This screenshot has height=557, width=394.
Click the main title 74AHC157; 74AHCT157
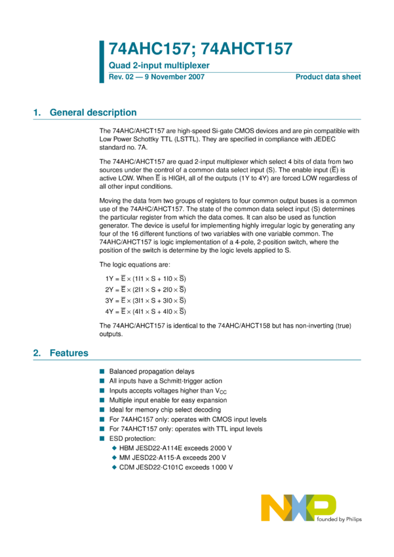(200, 49)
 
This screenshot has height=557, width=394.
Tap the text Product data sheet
(328, 77)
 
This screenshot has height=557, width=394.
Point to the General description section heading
(93, 113)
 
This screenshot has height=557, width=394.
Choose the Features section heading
(69, 353)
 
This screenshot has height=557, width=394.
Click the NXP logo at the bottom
(298, 509)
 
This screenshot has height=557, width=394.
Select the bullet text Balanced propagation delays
(151, 372)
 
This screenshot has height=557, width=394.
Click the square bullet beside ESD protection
(102, 438)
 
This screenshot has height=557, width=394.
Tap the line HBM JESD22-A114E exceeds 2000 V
(176, 448)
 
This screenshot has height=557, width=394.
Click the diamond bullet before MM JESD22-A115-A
(114, 457)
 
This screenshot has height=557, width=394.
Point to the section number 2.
(36, 353)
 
